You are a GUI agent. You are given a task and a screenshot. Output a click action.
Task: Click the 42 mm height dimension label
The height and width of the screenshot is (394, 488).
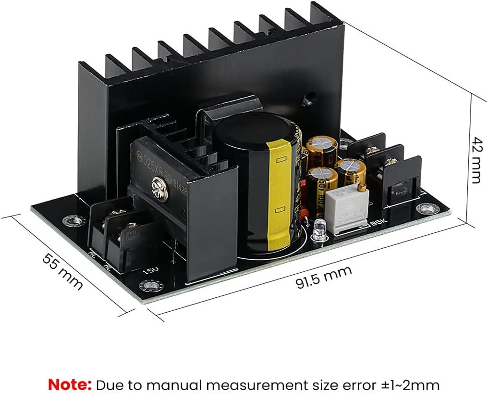click(476, 160)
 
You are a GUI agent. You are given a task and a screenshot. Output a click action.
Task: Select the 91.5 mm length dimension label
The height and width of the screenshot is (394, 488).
click(323, 277)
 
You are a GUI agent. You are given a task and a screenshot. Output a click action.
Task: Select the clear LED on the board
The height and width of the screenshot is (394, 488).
click(318, 229)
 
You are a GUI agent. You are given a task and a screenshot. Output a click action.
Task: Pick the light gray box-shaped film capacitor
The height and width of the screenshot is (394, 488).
click(347, 212)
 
